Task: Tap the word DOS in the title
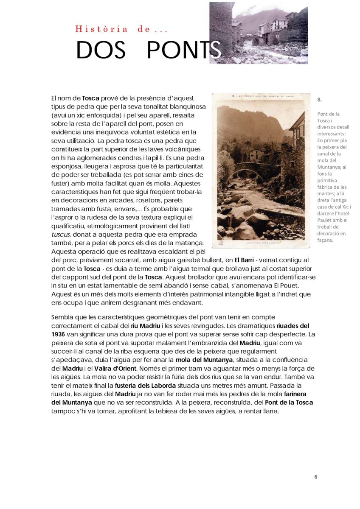click(101, 51)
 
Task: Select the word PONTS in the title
click(183, 51)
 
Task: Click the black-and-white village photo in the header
click(258, 33)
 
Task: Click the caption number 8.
click(319, 100)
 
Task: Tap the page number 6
click(315, 477)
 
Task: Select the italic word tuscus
click(60, 235)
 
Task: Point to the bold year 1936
click(58, 334)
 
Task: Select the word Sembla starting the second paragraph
click(62, 317)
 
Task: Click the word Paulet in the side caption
click(326, 220)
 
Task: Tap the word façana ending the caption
click(325, 240)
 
